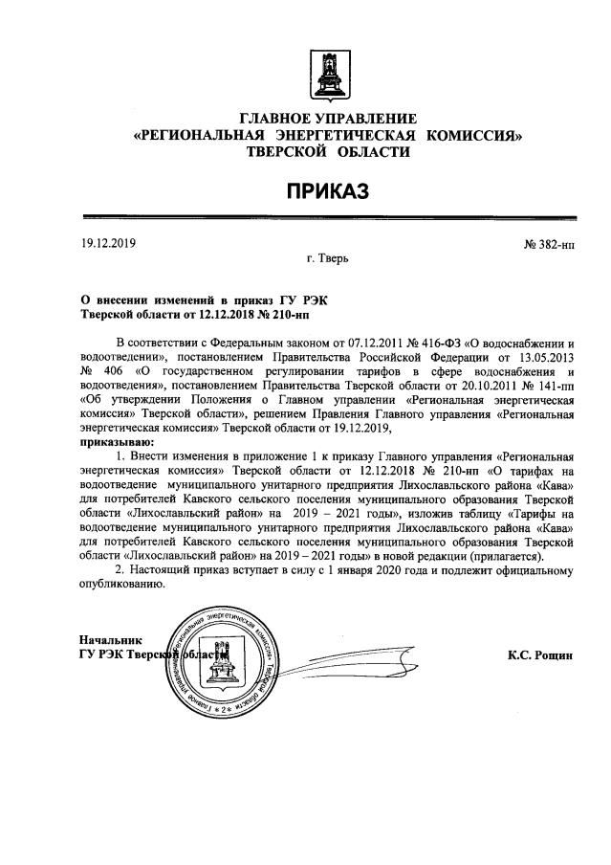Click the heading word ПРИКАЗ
click(x=328, y=192)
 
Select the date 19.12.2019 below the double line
click(x=109, y=243)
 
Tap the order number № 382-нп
click(x=549, y=245)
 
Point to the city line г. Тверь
click(x=327, y=258)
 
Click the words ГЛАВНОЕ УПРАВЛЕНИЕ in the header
click(x=328, y=119)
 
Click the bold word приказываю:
click(x=112, y=443)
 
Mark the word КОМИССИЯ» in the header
click(x=475, y=136)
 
